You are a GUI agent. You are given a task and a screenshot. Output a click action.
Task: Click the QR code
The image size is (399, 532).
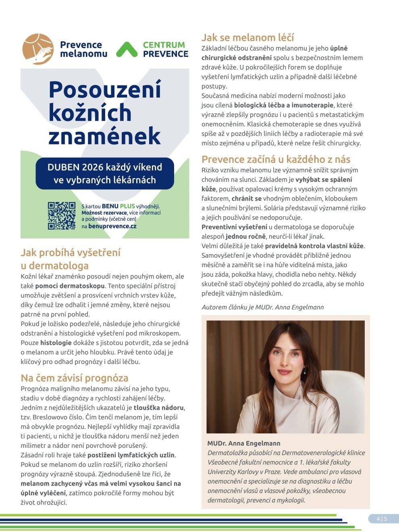pyautogui.click(x=62, y=216)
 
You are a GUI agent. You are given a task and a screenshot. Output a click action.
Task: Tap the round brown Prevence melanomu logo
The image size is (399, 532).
pyautogui.click(x=38, y=49)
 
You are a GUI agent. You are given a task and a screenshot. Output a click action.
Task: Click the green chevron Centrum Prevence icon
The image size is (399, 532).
pyautogui.click(x=127, y=50)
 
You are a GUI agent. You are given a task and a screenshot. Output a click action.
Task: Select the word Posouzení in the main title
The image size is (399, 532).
pyautogui.click(x=105, y=89)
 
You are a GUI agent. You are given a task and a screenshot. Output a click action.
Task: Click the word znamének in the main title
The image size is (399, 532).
pyautogui.click(x=105, y=136)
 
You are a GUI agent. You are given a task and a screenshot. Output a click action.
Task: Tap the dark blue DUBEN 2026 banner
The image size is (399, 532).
pyautogui.click(x=105, y=173)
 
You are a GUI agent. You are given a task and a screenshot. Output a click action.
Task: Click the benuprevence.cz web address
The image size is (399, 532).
pyautogui.click(x=112, y=226)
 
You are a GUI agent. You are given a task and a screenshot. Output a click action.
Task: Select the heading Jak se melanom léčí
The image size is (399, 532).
pyautogui.click(x=247, y=37)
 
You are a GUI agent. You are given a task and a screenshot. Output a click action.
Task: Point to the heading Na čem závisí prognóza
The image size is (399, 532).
pyautogui.click(x=75, y=378)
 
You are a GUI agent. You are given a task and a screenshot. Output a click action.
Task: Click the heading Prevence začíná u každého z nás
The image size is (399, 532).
pyautogui.click(x=276, y=159)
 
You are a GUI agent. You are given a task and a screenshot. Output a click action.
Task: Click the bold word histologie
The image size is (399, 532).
pyautogui.click(x=56, y=343)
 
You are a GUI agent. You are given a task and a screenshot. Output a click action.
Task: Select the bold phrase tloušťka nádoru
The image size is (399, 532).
pyautogui.click(x=159, y=407)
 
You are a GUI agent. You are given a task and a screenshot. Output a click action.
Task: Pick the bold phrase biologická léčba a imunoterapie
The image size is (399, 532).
pyautogui.click(x=284, y=105)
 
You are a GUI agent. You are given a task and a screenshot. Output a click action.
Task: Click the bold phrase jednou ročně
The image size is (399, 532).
pyautogui.click(x=245, y=237)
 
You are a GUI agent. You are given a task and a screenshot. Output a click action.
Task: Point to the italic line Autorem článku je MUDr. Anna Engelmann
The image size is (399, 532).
pyautogui.click(x=262, y=307)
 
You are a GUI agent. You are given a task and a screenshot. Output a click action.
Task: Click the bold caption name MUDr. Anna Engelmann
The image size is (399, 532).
pyautogui.click(x=244, y=443)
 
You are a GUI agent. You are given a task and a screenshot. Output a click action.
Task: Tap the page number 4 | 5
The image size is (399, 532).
pyautogui.click(x=382, y=519)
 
